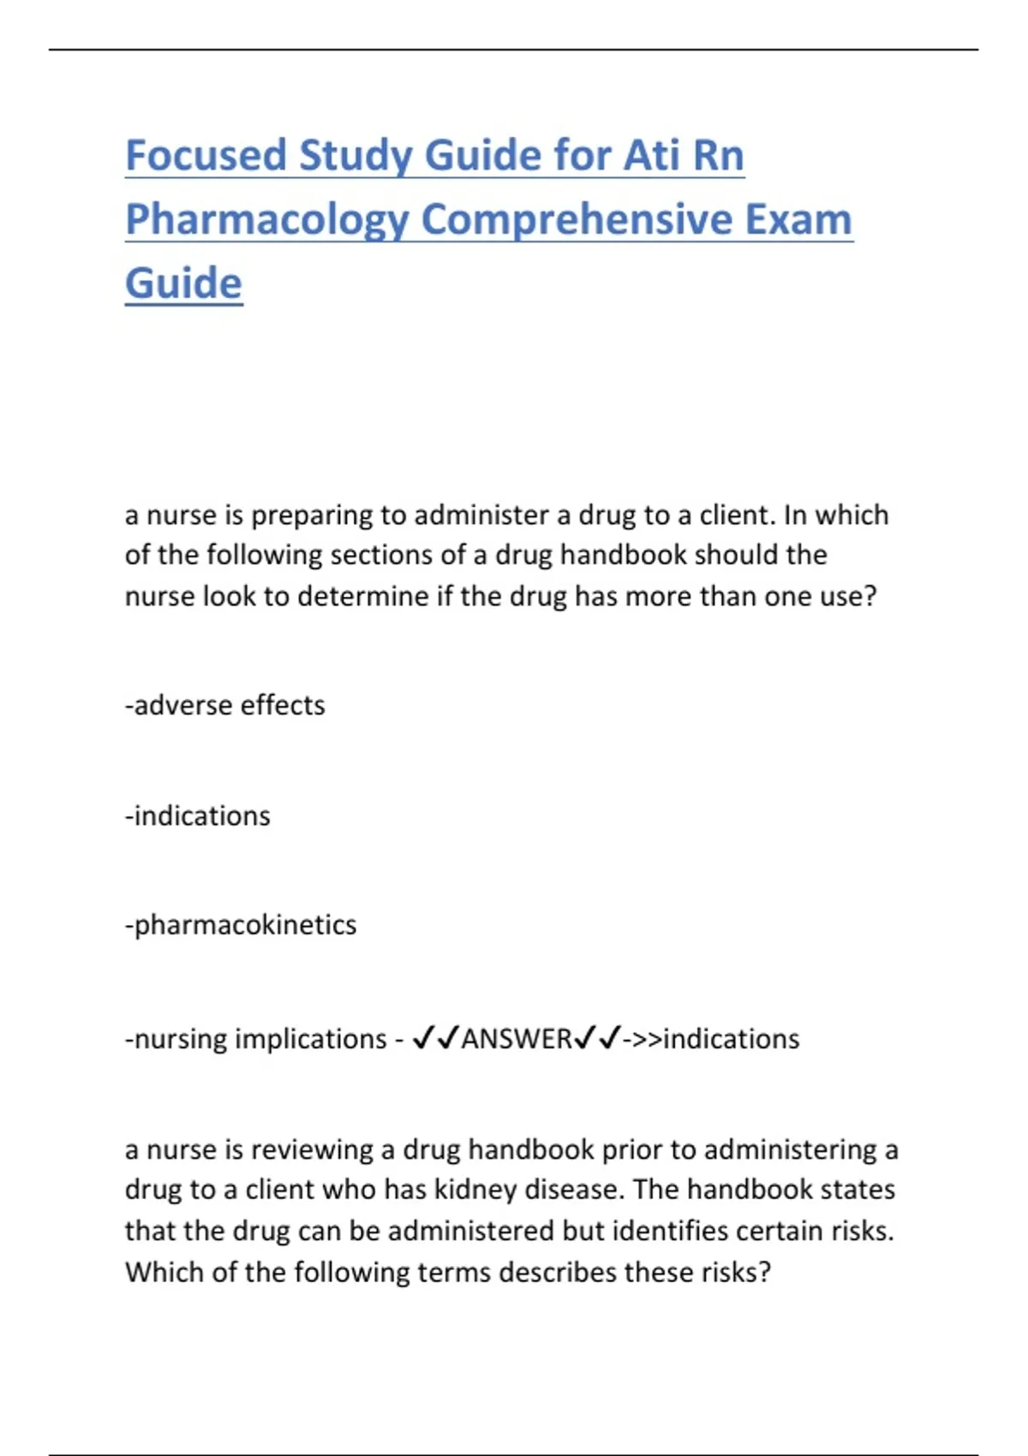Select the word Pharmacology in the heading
266,220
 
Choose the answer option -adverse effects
225,705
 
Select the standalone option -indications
198,815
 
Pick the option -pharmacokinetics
241,925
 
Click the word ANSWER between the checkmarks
516,1039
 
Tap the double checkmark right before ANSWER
435,1039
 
